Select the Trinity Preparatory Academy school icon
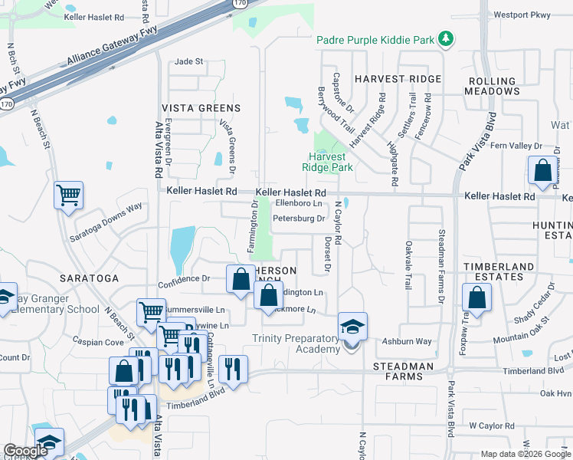tap(352, 327)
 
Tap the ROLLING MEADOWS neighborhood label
tap(492, 86)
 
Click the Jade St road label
tap(189, 61)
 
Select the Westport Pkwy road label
tap(522, 14)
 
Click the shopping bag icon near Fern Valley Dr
tap(542, 172)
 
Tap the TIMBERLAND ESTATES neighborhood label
tap(497, 271)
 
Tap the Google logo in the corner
tap(26, 451)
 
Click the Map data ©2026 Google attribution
tap(525, 454)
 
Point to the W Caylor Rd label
tap(494, 424)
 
